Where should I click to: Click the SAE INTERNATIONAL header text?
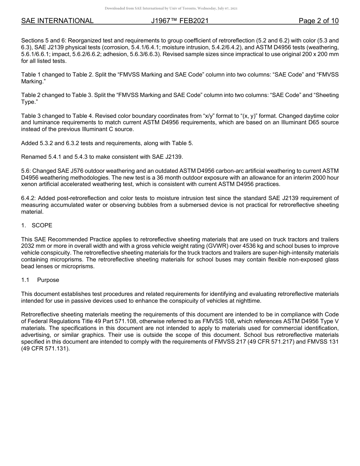point(57,21)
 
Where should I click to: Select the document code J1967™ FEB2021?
point(180,21)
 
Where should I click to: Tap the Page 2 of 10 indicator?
point(318,21)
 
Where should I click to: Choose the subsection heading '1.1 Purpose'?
point(40,280)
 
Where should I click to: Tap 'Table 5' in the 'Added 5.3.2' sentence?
point(183,143)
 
